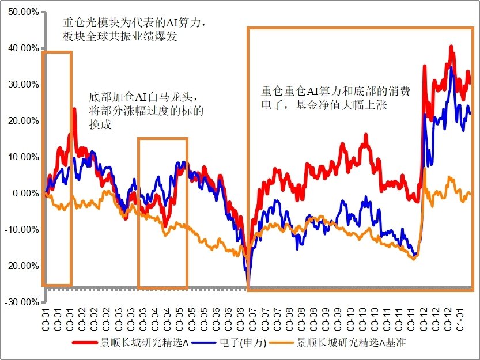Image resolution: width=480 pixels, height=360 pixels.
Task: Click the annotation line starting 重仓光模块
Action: pos(134,24)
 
